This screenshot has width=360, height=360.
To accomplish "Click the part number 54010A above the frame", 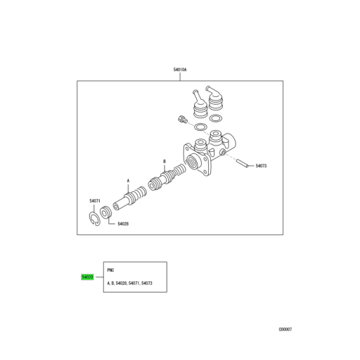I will [180, 70].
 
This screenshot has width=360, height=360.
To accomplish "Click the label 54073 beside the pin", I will [261, 166].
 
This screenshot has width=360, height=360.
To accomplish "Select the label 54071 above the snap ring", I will [95, 201].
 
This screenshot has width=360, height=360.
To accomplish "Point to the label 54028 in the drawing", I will [122, 224].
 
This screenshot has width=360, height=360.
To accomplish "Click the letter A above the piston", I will [128, 179].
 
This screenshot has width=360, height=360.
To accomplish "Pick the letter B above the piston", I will [165, 160].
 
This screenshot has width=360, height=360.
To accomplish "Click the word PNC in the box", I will [110, 269].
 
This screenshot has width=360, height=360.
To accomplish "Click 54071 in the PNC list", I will [131, 284].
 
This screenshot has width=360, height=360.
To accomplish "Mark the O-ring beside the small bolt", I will [200, 127].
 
